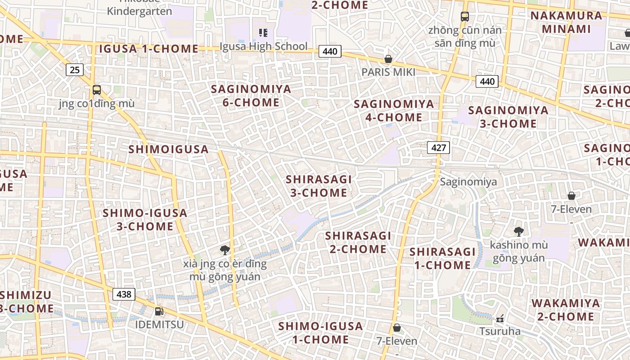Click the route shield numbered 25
click(75, 70)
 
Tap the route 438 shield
click(124, 294)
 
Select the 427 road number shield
click(438, 147)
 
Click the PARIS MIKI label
click(388, 72)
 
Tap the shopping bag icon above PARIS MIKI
click(388, 59)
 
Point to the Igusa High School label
click(264, 46)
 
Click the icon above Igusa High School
click(263, 32)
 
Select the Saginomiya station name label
click(468, 182)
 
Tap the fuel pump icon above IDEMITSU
click(158, 311)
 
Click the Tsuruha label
click(499, 332)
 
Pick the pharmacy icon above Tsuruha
click(499, 319)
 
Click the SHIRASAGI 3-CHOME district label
click(319, 186)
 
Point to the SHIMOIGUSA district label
click(169, 149)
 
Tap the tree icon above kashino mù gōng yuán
click(518, 232)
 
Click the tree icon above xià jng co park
click(225, 250)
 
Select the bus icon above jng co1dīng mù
click(96, 90)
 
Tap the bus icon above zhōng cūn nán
click(465, 17)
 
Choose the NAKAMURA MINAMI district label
click(566, 22)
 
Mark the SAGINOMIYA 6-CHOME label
click(251, 95)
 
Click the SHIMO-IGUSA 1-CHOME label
click(320, 333)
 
